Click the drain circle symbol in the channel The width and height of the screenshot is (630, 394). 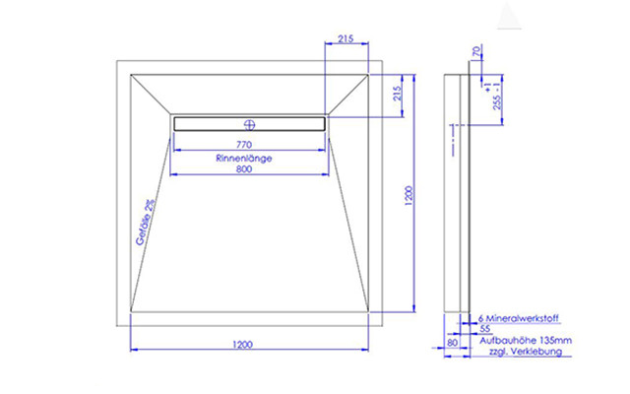coord(249,125)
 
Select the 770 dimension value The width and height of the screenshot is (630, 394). coord(244,145)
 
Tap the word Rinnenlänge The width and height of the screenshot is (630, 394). coord(244,158)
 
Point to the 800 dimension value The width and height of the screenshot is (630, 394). coord(244,169)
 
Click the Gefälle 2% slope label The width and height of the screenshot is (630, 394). coord(145,223)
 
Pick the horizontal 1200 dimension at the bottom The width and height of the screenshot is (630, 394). coord(243,345)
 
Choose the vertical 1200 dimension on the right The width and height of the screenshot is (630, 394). coord(409,196)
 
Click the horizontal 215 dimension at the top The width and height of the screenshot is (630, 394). coord(346,38)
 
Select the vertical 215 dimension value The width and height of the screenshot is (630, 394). coord(398,94)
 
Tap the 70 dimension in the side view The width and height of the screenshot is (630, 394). coord(476,51)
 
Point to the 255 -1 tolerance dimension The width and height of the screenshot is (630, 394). coord(497,97)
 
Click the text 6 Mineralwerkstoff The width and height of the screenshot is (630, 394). coord(518,318)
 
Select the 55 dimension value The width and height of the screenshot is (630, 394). coord(485,328)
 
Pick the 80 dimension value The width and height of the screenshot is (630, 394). coord(452,343)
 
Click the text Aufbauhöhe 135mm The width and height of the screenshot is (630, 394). coord(526,341)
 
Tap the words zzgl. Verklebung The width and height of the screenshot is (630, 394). coord(526,352)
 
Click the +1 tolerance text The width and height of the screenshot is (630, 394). coord(487,88)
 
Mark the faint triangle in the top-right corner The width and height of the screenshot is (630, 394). coord(509,16)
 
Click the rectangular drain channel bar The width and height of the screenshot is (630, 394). coord(249,124)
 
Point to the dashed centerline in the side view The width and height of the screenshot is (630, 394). coord(453,140)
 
